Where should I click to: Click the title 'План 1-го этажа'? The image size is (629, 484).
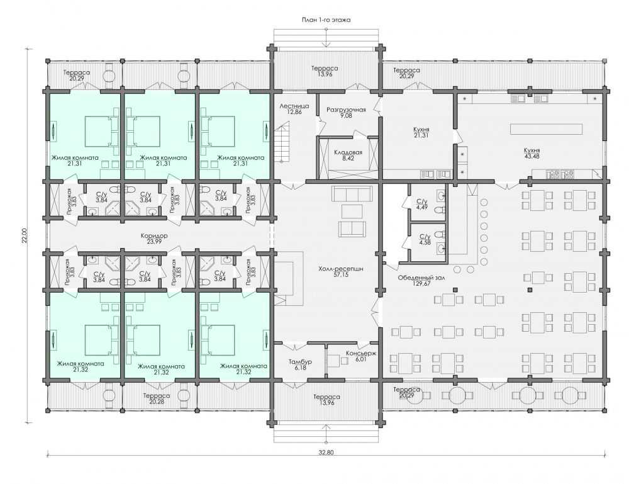(326, 20)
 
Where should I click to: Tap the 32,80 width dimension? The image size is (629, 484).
(326, 452)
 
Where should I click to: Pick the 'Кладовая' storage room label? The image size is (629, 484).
(348, 152)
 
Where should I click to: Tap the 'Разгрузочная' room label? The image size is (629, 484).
(346, 110)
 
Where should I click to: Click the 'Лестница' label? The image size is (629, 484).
(294, 106)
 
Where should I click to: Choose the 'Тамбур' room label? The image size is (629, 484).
(300, 362)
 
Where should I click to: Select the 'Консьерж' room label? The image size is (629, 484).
(361, 354)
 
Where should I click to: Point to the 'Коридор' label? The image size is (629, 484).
(154, 236)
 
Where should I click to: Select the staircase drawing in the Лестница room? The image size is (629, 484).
(282, 142)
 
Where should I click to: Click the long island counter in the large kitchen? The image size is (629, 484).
(546, 129)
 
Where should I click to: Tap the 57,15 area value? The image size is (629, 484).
(340, 275)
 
